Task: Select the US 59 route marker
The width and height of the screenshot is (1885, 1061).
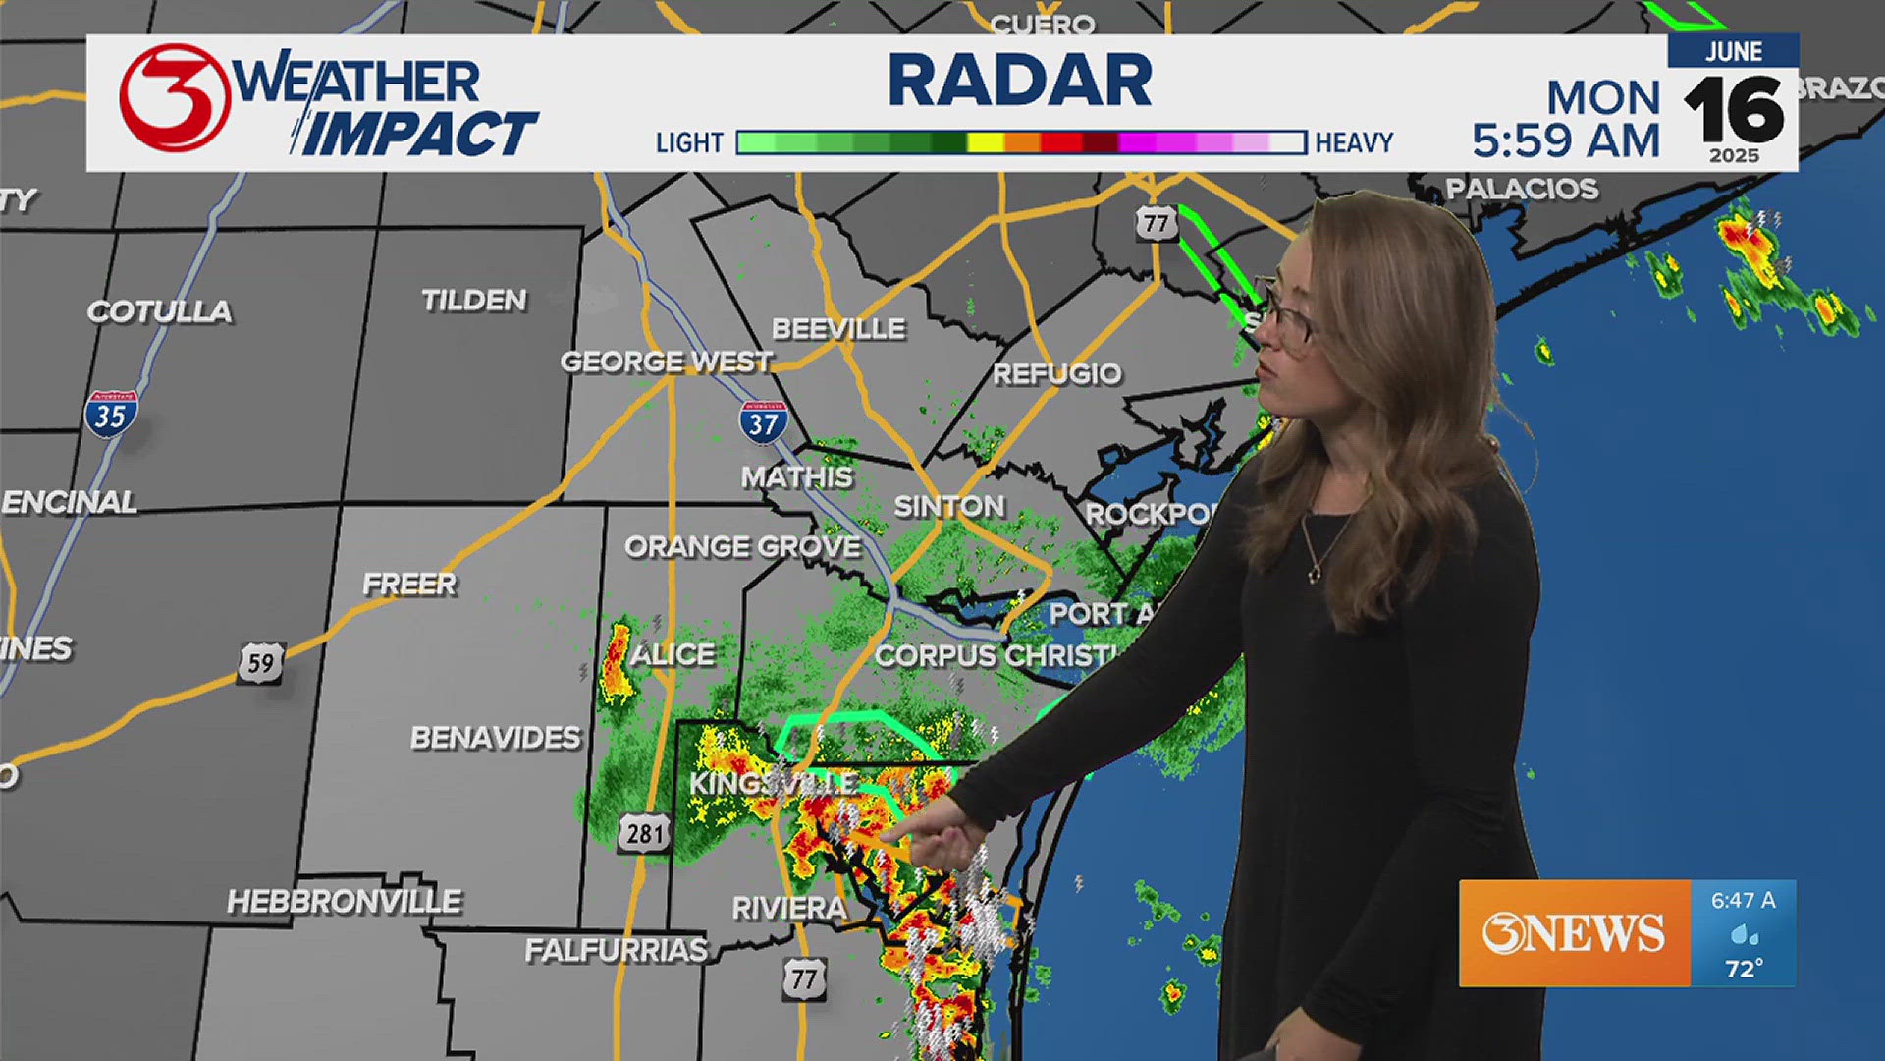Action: pos(261,663)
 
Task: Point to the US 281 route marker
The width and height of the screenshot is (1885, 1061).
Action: pos(645,833)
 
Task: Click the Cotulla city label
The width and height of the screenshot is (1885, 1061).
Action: pos(160,311)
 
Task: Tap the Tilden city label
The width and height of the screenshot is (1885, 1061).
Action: pos(474,300)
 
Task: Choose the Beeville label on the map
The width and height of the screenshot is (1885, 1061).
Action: pos(838,329)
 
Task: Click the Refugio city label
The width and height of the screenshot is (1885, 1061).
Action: pos(1056,373)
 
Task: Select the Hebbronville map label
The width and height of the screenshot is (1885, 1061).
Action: pos(344,901)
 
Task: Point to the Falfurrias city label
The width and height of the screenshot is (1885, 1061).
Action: pos(616,950)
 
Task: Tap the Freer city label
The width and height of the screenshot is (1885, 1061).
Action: pos(409,584)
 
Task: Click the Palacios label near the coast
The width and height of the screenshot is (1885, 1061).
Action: pos(1522,189)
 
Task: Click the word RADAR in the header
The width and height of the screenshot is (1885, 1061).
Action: pos(1020,81)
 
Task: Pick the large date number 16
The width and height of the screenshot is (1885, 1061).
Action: pos(1733,110)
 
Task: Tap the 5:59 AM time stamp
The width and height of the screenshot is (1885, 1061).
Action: pos(1565,140)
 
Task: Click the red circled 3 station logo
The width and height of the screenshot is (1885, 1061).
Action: pos(174,98)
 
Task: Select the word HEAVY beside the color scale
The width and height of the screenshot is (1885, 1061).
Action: pos(1354,143)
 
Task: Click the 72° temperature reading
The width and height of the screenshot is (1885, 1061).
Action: pos(1744,969)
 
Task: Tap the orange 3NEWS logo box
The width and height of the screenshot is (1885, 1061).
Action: pos(1574,932)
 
